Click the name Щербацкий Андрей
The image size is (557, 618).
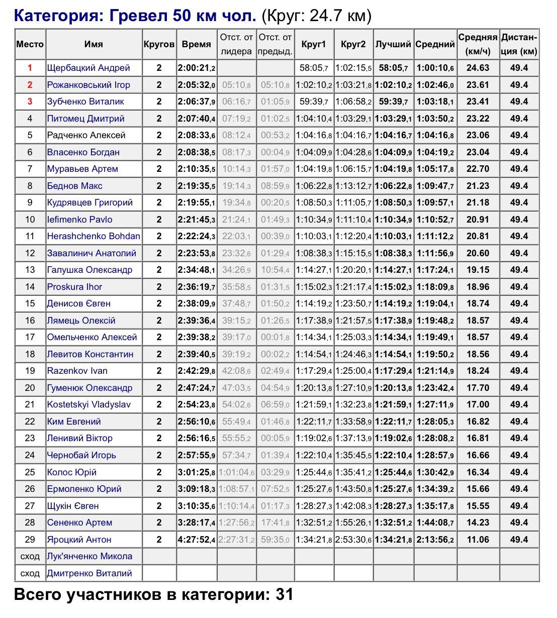pos(88,68)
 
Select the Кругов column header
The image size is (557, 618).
pos(159,44)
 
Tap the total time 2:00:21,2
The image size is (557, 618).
pos(197,68)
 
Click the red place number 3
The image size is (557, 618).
pos(30,101)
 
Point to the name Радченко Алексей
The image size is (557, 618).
pos(86,135)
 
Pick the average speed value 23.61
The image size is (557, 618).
pos(478,85)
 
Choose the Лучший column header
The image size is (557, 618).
pos(393,44)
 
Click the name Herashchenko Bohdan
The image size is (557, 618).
pos(94,236)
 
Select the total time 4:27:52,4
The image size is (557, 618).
pos(197,540)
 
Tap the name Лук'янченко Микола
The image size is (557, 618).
pos(89,556)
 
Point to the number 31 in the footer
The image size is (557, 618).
pos(284,595)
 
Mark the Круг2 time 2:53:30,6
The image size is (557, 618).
pos(353,540)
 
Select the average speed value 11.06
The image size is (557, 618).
pos(478,540)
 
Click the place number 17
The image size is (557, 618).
pos(30,337)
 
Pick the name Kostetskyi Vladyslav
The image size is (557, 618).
pos(88,404)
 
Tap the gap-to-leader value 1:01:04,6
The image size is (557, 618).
pos(236,472)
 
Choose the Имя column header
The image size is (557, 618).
pos(94,44)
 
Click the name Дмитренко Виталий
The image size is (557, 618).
pos(89,573)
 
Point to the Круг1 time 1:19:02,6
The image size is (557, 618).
pos(314,438)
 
